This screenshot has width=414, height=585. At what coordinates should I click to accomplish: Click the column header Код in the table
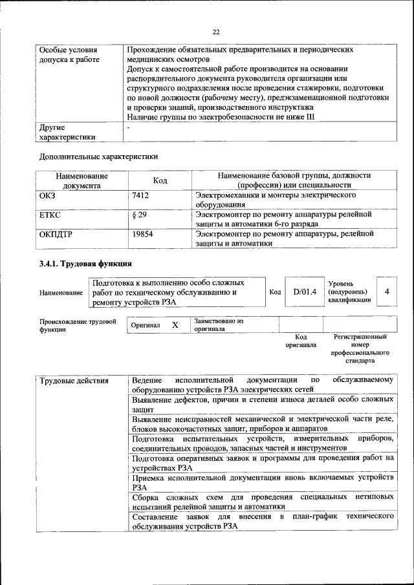click(x=160, y=180)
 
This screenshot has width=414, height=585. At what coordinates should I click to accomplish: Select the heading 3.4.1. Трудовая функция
click(x=85, y=264)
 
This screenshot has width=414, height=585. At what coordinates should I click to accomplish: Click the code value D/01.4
click(x=304, y=292)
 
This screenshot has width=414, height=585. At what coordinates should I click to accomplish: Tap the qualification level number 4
click(x=386, y=292)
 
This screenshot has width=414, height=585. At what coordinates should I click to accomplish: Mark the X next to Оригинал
click(x=175, y=325)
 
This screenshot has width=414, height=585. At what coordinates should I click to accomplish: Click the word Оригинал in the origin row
click(x=146, y=326)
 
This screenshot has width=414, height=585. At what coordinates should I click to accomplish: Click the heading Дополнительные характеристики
click(x=98, y=156)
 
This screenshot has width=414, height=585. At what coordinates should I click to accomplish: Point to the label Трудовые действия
click(x=74, y=379)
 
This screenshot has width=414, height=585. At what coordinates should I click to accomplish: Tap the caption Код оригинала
click(x=301, y=341)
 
